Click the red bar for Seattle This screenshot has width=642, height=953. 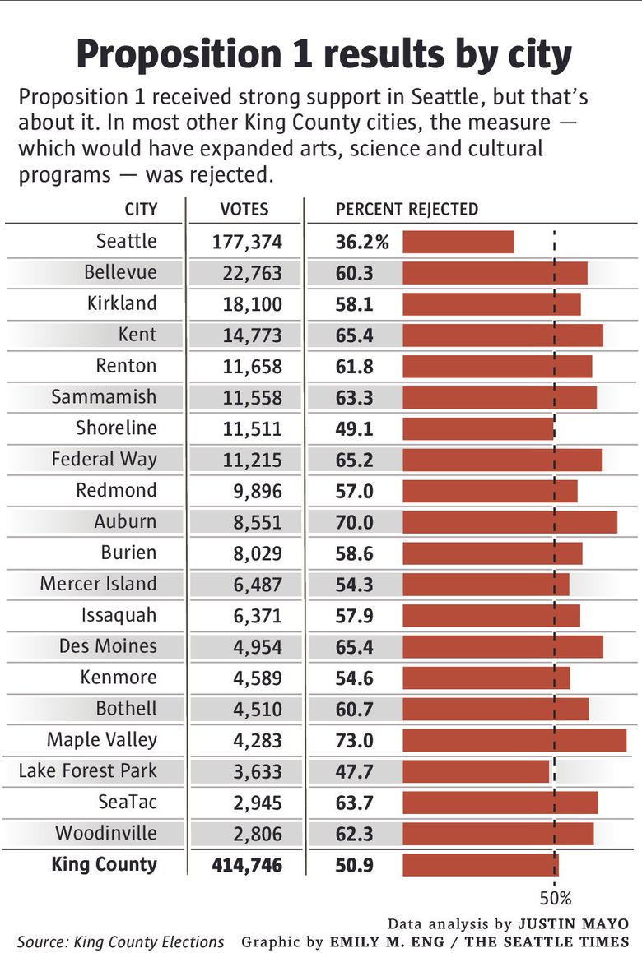coord(458,242)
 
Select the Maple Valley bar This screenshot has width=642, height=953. coord(514,740)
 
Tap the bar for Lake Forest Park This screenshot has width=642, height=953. coord(476,771)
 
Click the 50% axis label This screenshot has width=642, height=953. coord(555,897)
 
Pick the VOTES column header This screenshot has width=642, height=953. coord(244,209)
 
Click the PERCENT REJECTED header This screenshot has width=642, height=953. coord(407,209)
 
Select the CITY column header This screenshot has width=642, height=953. coord(141,209)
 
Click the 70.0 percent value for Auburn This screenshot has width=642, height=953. coord(355,522)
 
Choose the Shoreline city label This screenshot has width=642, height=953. coord(116,428)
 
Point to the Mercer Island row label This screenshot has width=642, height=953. coord(98,584)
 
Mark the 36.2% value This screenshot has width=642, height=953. coord(362,243)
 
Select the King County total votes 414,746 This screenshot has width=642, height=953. coord(247,865)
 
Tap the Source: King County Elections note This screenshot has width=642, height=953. coord(120,942)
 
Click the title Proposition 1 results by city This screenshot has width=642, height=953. coord(323,56)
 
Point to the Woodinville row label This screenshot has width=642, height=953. coord(105,833)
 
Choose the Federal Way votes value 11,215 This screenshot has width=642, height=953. coord(252,460)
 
